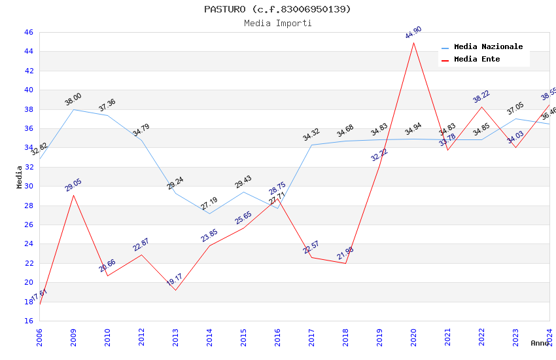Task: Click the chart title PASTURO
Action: tap(277, 9)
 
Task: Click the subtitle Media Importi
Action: tap(277, 23)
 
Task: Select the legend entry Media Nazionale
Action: tap(488, 47)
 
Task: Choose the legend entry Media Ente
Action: tap(476, 59)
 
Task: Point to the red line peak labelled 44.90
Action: tap(413, 43)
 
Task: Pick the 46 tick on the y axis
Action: tap(28, 32)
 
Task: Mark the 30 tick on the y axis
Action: tap(28, 186)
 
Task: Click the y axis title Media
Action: tap(20, 176)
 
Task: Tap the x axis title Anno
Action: tap(540, 343)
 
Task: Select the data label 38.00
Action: tap(73, 99)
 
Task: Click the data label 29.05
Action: tap(73, 185)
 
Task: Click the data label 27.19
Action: tap(209, 204)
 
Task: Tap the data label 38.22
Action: tap(481, 96)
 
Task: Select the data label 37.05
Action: tap(515, 109)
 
